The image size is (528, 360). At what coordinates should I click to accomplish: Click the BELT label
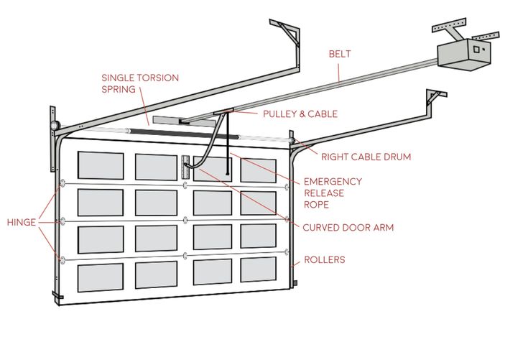(x=340, y=54)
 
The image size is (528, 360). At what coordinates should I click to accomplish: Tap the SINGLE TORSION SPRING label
(x=139, y=83)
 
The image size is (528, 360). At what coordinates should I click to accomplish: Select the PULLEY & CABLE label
(x=300, y=114)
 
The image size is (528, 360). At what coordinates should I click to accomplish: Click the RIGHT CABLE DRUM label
(x=366, y=156)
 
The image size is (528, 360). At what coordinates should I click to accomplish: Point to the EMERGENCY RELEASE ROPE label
(x=333, y=193)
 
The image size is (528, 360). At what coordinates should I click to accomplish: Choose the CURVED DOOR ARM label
(x=348, y=228)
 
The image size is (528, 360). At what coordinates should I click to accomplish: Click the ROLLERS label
(x=324, y=259)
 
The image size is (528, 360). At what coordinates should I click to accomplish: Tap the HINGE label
(x=21, y=222)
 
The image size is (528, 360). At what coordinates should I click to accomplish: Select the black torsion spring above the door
(x=172, y=132)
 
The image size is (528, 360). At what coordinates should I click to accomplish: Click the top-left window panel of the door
(x=101, y=165)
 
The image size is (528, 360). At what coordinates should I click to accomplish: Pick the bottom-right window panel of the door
(x=258, y=269)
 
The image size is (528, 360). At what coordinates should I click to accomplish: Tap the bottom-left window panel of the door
(x=100, y=277)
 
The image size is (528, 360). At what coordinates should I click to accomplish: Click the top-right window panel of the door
(x=258, y=170)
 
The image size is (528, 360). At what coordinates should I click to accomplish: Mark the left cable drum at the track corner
(x=55, y=126)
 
